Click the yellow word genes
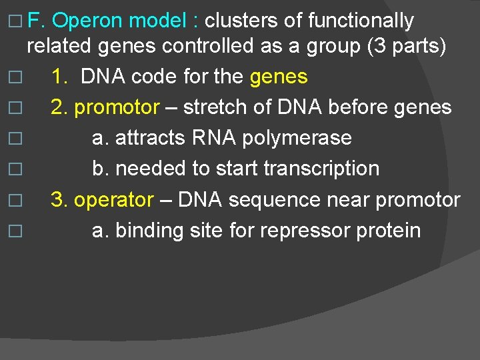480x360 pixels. click(279, 77)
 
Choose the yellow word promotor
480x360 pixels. click(117, 107)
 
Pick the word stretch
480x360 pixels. click(215, 107)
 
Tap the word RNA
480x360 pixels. click(217, 138)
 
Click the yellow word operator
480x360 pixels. click(113, 200)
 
